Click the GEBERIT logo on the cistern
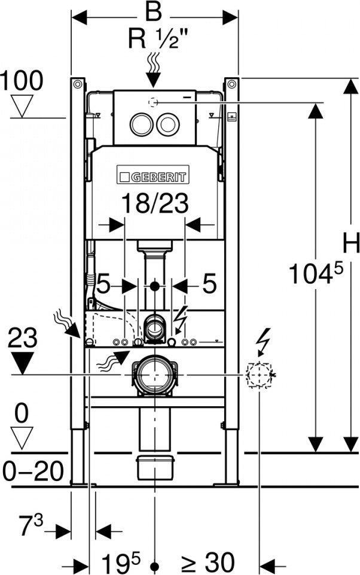pyautogui.click(x=153, y=174)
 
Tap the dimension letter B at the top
pyautogui.click(x=153, y=13)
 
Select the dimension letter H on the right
pyautogui.click(x=351, y=243)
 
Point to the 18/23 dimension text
pyautogui.click(x=155, y=203)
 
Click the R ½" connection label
pyautogui.click(x=153, y=39)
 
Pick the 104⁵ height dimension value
pyautogui.click(x=316, y=273)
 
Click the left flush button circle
pyautogui.click(x=141, y=124)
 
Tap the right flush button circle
pyautogui.click(x=168, y=124)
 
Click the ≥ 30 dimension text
pyautogui.click(x=208, y=562)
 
